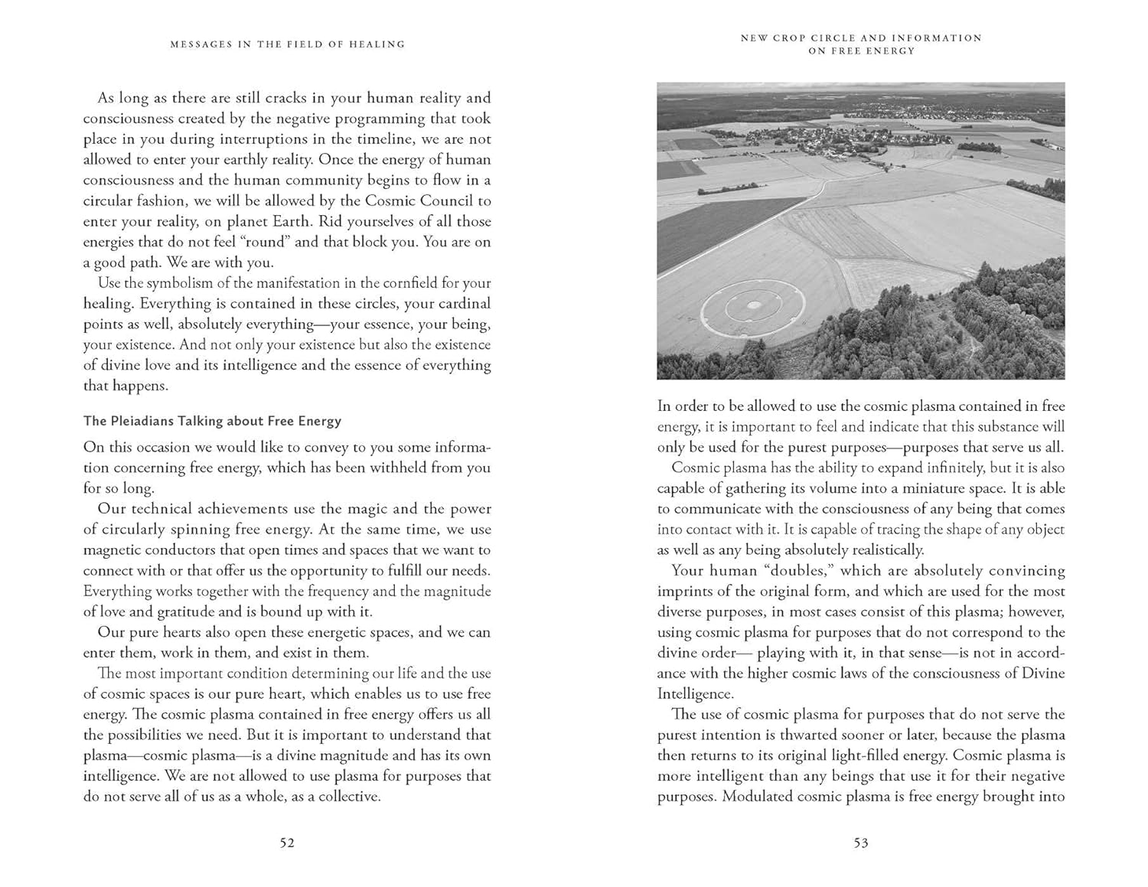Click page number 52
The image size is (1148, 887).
click(x=287, y=843)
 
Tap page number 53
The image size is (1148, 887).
click(x=861, y=843)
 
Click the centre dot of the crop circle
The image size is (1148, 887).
click(x=755, y=306)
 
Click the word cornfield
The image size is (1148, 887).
click(x=402, y=283)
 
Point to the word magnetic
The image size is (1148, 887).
click(x=113, y=550)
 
